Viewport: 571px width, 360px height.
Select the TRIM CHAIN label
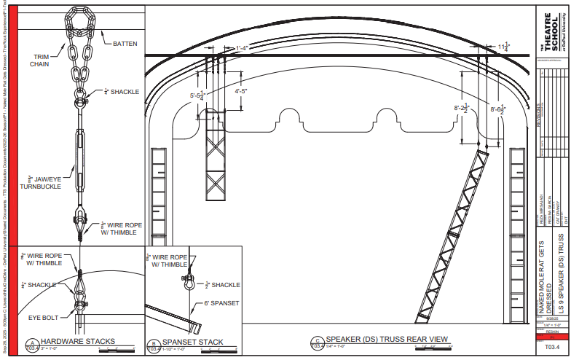point(41,60)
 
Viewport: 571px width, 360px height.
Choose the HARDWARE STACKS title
point(77,342)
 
